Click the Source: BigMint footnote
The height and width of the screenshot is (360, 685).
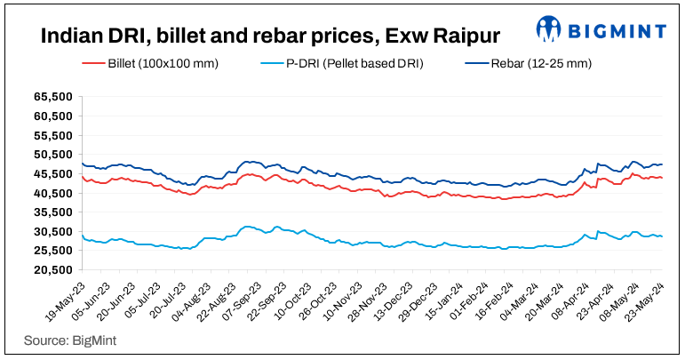point(62,340)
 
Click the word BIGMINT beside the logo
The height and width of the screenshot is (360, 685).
point(616,31)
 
